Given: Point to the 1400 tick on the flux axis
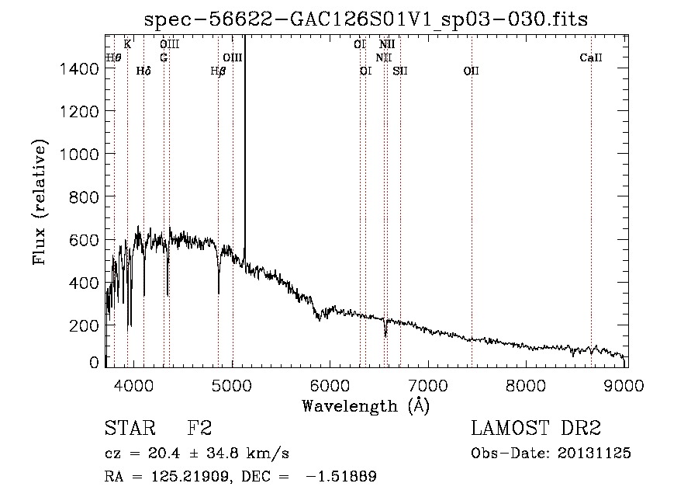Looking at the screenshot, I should (x=81, y=69).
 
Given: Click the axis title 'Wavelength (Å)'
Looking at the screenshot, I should (x=365, y=405).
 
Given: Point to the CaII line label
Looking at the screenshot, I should (x=591, y=58).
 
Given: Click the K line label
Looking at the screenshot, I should (x=127, y=44).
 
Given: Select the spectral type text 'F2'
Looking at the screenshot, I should (x=199, y=429).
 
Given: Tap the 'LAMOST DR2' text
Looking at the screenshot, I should (x=536, y=429).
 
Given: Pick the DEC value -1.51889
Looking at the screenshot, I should (x=343, y=477).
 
